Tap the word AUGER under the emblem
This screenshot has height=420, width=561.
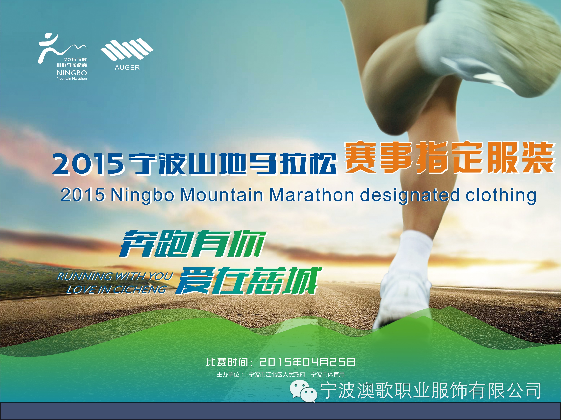(x=127, y=67)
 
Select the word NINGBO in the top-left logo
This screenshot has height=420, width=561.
(x=72, y=73)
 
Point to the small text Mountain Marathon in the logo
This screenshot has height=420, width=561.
(x=72, y=79)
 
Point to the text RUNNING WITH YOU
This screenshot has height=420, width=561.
(x=115, y=276)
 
